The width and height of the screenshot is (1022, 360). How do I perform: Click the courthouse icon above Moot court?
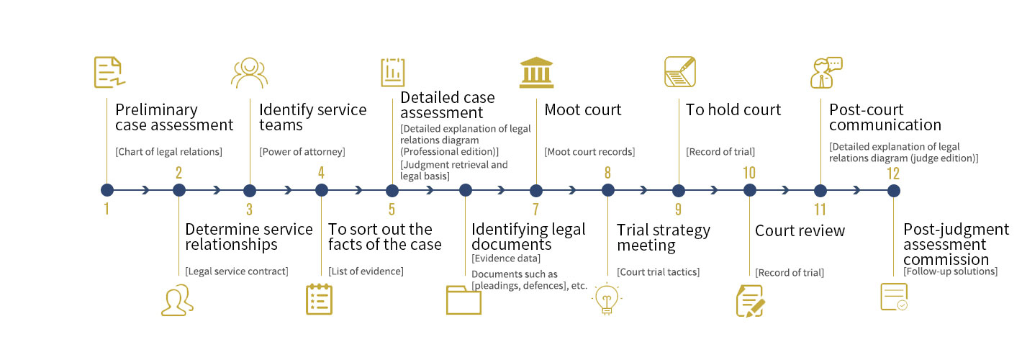click(x=536, y=72)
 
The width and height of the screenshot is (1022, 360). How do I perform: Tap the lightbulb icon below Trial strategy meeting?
click(x=606, y=300)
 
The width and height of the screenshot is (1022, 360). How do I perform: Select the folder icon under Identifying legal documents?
click(x=463, y=300)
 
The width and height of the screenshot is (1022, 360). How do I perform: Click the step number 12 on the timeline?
click(x=893, y=173)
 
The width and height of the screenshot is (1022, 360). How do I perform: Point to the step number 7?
click(x=535, y=210)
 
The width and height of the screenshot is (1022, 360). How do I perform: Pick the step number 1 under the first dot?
click(x=107, y=210)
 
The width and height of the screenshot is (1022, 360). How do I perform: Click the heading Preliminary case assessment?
click(x=174, y=117)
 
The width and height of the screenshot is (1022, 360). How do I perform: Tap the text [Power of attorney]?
click(x=302, y=152)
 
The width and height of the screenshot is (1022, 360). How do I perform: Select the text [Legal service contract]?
click(x=236, y=271)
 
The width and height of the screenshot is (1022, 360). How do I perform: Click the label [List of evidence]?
click(x=366, y=271)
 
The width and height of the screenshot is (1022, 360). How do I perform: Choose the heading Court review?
click(x=800, y=231)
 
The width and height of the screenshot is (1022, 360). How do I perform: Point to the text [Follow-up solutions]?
click(x=950, y=271)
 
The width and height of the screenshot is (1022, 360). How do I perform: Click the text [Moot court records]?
click(x=589, y=152)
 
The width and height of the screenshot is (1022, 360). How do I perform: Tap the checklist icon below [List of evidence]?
click(x=319, y=300)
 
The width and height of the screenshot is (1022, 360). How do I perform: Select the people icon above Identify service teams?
click(x=249, y=72)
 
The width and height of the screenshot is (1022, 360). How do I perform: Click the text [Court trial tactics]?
click(x=658, y=272)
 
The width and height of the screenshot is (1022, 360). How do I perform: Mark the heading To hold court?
click(x=733, y=110)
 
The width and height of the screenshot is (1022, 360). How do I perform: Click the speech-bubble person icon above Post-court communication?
click(x=825, y=72)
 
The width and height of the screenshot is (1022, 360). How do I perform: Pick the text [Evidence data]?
click(x=506, y=258)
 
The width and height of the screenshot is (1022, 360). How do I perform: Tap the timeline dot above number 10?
click(x=750, y=191)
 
